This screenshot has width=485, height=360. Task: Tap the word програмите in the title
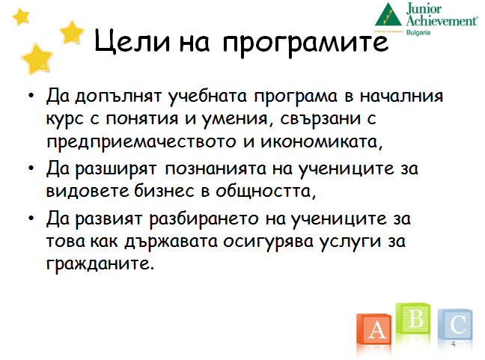coord(305,43)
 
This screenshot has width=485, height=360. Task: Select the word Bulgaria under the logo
coord(418,32)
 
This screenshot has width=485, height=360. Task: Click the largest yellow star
coord(37,59)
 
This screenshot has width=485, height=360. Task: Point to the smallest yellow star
coord(21,16)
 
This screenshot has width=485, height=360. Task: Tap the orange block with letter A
coord(374,329)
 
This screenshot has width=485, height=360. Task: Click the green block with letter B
coord(413,318)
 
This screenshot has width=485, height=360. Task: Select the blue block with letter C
coord(455,324)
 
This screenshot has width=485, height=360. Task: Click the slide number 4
coord(454,344)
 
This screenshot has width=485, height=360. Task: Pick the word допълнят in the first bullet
coord(118,97)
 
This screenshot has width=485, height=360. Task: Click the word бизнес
coord(164,191)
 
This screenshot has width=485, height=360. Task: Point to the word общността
coord(266,192)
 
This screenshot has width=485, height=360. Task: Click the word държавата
coord(171,242)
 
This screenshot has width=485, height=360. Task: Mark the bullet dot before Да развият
coord(31,219)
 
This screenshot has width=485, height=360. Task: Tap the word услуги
coord(350,242)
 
